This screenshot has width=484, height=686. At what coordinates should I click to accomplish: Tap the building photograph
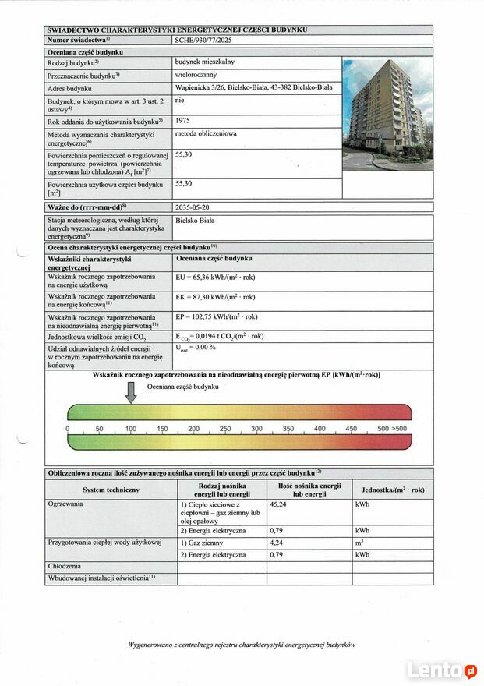coord(387,115)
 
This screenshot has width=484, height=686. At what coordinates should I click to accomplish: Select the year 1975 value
coord(184,121)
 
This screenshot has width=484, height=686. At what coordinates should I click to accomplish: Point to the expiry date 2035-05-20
coord(193,207)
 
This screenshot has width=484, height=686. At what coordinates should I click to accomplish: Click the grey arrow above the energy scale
coord(131,394)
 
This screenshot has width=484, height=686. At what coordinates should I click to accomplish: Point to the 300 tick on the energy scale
coord(256,430)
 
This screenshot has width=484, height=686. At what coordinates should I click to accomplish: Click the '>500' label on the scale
coord(400,430)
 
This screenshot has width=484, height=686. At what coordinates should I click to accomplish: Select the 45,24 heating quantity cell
coord(278,504)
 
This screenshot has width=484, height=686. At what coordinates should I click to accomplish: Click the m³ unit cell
coord(359,543)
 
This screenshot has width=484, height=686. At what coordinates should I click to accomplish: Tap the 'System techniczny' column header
coord(111,490)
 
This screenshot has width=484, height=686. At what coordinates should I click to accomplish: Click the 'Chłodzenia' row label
coord(65,565)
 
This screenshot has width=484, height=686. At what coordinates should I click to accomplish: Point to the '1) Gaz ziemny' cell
coord(203,543)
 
